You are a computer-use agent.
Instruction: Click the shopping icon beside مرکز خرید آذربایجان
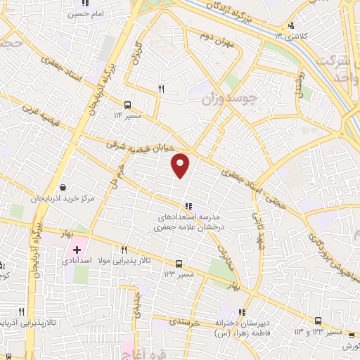point(64,188)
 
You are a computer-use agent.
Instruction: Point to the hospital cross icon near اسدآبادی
point(77,250)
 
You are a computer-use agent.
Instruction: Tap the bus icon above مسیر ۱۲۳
point(179,264)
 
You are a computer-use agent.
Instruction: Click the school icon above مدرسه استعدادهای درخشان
point(188,207)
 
